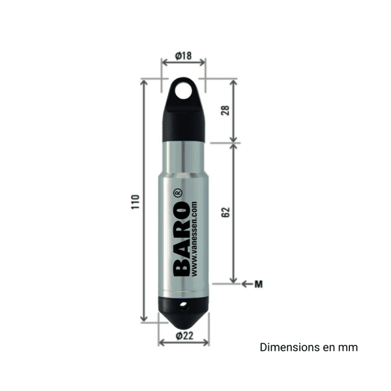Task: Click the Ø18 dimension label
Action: pos(183,57)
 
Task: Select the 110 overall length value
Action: pos(135,201)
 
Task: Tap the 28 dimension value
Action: pos(225,110)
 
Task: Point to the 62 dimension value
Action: pos(225,213)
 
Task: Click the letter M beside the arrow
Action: pos(258,283)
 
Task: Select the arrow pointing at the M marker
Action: pos(246,283)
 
